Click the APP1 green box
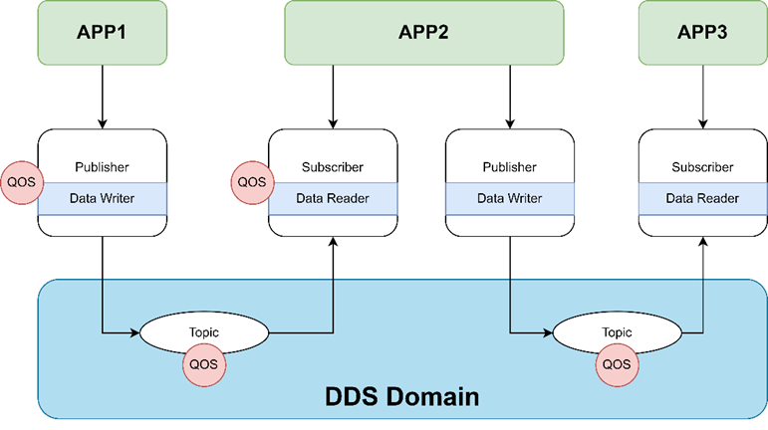tap(102, 32)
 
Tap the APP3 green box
tap(702, 32)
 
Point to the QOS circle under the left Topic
tap(204, 364)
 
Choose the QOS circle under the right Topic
tap(617, 364)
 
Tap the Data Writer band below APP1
tap(102, 198)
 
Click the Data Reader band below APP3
tap(702, 198)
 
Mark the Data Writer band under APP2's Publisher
tap(509, 198)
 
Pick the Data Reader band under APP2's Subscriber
tap(333, 198)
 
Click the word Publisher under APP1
tap(102, 167)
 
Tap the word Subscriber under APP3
tap(702, 167)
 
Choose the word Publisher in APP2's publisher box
tap(509, 167)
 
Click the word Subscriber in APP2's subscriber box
tap(333, 167)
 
